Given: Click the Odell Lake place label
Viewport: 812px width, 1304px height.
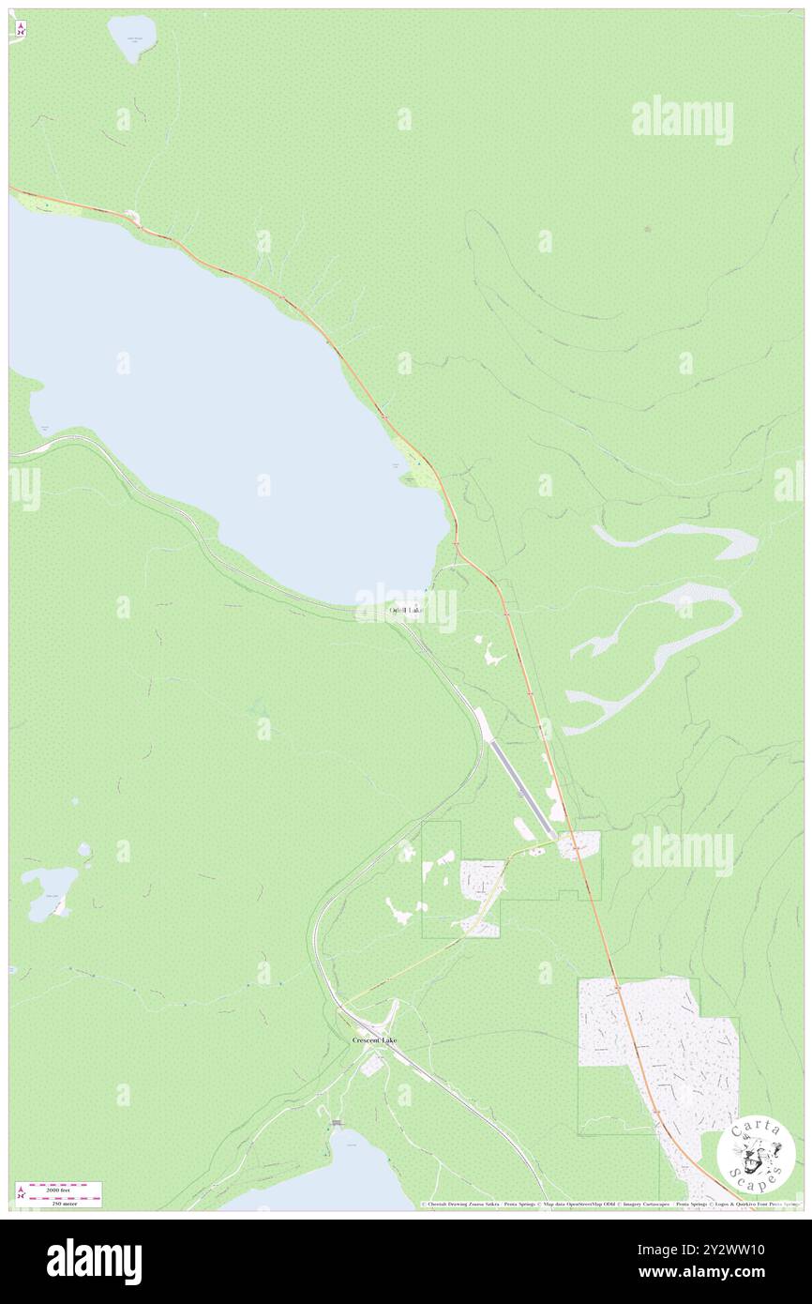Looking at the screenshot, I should point(405,611).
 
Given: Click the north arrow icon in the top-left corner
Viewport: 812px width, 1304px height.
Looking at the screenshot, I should point(20,30).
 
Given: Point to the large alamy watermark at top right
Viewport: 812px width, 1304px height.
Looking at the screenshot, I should point(682,119).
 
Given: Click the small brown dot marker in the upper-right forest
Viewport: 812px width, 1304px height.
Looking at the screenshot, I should point(647,228).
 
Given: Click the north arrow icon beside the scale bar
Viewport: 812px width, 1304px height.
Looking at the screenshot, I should point(19,1193).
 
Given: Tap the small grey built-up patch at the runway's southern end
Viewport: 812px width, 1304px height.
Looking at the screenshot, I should point(579,844).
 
